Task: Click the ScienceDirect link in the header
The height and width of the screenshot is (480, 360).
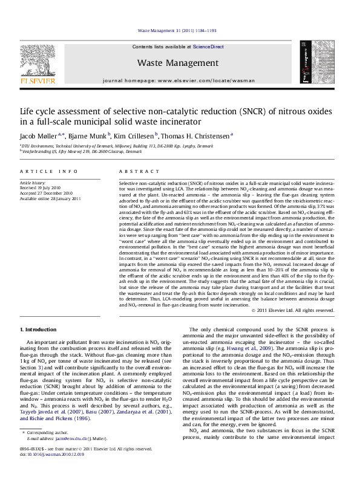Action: click(208, 47)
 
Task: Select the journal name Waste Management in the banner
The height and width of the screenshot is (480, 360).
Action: click(177, 62)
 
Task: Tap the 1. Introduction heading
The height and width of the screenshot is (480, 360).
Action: click(39, 329)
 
